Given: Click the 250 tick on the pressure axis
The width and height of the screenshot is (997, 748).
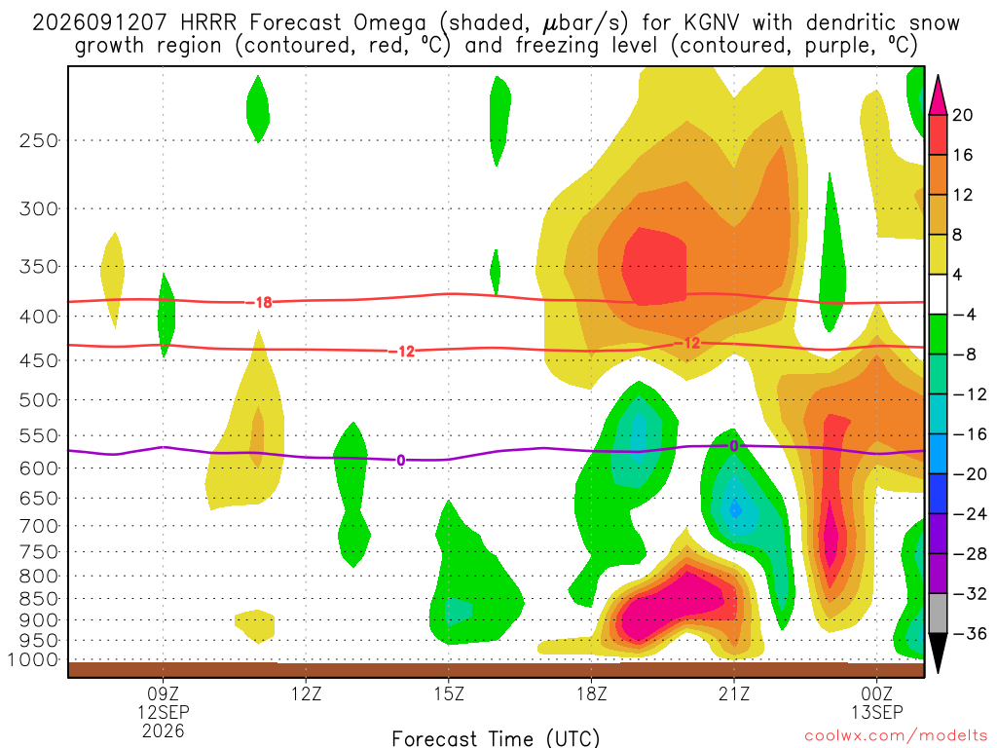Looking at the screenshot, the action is [39, 140].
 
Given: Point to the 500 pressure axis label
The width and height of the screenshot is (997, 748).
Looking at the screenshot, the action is [39, 400].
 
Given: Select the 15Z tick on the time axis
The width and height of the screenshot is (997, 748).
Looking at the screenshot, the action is [449, 693].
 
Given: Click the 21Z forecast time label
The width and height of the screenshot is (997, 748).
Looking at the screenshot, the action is [734, 693].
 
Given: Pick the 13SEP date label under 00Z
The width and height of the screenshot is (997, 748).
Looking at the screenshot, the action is [877, 712].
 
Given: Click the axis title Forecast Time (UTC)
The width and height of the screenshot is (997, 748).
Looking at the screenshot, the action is [496, 738].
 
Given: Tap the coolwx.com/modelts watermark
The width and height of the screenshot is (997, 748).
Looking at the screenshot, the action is [896, 736].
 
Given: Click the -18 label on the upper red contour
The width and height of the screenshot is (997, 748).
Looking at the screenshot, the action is [260, 303].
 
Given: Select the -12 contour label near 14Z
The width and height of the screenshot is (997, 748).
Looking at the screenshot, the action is [402, 351].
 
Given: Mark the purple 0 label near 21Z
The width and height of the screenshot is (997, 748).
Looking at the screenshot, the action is [734, 446].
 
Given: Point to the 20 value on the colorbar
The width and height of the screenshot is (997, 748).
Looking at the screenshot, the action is [962, 115].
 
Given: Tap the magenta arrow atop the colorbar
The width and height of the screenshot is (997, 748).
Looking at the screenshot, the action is [938, 94].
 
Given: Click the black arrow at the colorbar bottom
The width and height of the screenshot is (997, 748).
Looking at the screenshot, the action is [938, 654].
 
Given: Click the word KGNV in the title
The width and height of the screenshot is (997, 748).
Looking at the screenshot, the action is [712, 23].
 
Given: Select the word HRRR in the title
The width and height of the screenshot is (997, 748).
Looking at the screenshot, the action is [208, 23].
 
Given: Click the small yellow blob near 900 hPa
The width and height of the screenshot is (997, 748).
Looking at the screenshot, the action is [256, 626].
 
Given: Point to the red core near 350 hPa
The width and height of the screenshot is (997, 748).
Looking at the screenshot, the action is [653, 267].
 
